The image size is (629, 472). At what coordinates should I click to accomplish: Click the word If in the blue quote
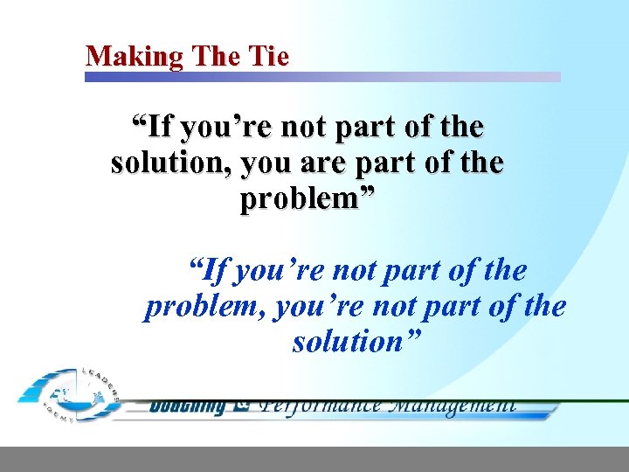point(210,271)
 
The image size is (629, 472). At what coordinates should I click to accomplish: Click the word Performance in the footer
point(320,405)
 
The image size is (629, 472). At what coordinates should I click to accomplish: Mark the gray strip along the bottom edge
point(314,459)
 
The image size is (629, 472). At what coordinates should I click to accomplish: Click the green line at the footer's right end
point(594,401)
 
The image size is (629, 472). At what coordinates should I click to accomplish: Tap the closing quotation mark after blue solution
point(412,335)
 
